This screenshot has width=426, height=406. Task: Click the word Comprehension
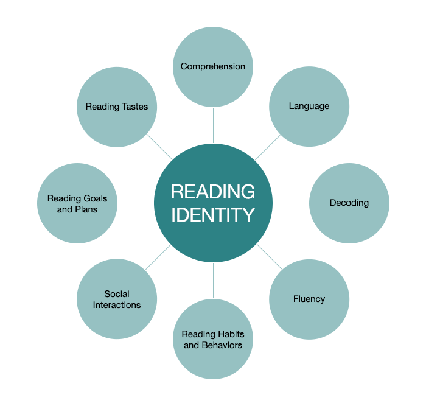point(213,66)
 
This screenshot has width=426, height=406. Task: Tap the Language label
point(309,106)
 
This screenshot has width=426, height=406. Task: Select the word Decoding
point(349,203)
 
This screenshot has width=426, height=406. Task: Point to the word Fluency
point(309,299)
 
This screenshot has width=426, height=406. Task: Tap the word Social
point(117,294)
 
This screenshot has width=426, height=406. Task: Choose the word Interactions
point(117,305)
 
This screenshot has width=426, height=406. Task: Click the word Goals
point(95,198)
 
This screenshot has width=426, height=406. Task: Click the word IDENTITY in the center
point(213,215)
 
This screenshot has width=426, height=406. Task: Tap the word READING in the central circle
point(213,192)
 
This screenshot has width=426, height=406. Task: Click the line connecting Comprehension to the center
point(213,125)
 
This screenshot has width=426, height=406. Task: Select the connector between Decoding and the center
point(291,203)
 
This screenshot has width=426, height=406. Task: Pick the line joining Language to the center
point(268,147)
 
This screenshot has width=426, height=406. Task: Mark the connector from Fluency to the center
point(269,256)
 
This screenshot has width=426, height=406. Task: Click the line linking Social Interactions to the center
point(158,257)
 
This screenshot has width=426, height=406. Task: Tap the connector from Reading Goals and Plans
point(136,203)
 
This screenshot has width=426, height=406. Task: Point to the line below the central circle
point(213,281)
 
